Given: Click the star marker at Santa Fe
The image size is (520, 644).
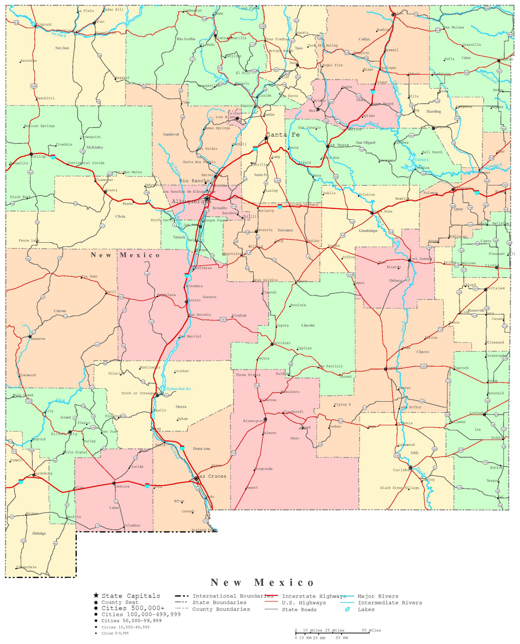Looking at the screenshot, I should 266,138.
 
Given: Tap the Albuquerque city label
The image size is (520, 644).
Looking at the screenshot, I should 192,202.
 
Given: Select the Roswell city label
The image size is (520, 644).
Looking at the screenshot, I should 395,368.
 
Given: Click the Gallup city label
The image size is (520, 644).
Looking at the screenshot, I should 39,156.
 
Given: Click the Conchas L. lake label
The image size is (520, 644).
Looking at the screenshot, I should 422,160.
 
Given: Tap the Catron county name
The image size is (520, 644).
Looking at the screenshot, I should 60,311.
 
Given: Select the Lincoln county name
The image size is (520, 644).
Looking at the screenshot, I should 308,325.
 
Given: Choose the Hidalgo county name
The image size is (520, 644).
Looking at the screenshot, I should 39,533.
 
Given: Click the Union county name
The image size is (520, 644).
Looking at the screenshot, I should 466,58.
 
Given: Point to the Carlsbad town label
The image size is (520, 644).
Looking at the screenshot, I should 401,470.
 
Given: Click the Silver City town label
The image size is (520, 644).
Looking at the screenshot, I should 64,434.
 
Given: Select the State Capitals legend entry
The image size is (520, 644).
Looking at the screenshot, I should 131,596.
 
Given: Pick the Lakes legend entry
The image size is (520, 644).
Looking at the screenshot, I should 366,609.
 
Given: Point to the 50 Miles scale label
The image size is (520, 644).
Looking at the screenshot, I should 371,630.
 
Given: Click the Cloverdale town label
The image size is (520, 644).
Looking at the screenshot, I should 26,567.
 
